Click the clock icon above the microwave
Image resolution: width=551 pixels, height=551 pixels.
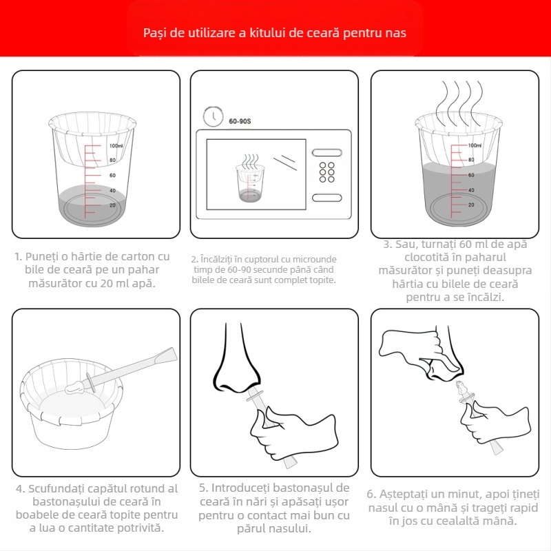213,116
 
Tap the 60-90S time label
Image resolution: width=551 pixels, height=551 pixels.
240,121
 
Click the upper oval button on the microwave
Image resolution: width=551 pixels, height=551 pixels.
326,152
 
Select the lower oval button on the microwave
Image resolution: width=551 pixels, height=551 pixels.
326,198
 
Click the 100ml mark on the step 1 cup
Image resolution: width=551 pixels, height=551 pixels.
116,145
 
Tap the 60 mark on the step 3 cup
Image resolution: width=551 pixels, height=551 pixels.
471,175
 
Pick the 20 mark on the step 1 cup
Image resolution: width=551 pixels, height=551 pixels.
112,205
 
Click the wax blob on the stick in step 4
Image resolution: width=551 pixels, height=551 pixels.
74,387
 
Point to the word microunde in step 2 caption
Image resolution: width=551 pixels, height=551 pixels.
315,260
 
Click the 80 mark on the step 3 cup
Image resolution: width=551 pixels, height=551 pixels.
471,160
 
